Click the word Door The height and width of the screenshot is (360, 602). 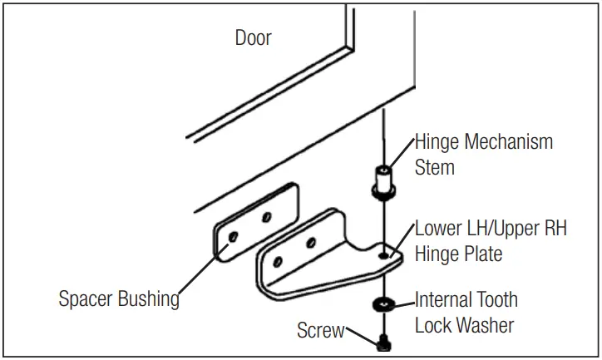pos(253,38)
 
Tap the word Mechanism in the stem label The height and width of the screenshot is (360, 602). pos(507,142)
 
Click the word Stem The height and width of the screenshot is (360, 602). pos(434,167)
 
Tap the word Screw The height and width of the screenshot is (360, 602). pos(320,331)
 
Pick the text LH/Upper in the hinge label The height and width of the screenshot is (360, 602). pos(489,229)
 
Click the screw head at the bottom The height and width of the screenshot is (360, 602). pos(384,341)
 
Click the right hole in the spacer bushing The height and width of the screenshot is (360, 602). pos(268,217)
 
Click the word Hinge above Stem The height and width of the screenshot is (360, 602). pos(437,142)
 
